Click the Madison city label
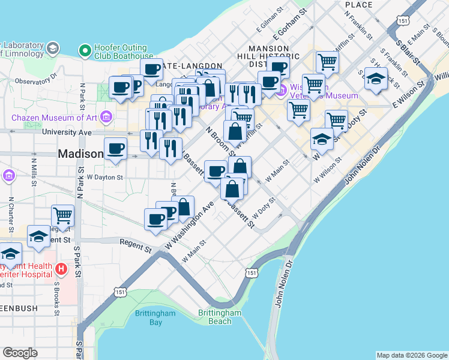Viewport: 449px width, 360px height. click(x=80, y=154)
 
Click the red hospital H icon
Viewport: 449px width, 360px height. click(x=60, y=269)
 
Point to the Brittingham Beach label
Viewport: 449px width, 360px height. click(x=220, y=317)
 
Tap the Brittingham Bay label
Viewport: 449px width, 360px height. click(x=155, y=317)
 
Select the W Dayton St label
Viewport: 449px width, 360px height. click(x=104, y=178)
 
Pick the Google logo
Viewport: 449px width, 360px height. click(x=20, y=352)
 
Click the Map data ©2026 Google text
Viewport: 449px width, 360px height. click(x=411, y=355)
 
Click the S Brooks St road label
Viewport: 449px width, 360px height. click(x=56, y=298)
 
